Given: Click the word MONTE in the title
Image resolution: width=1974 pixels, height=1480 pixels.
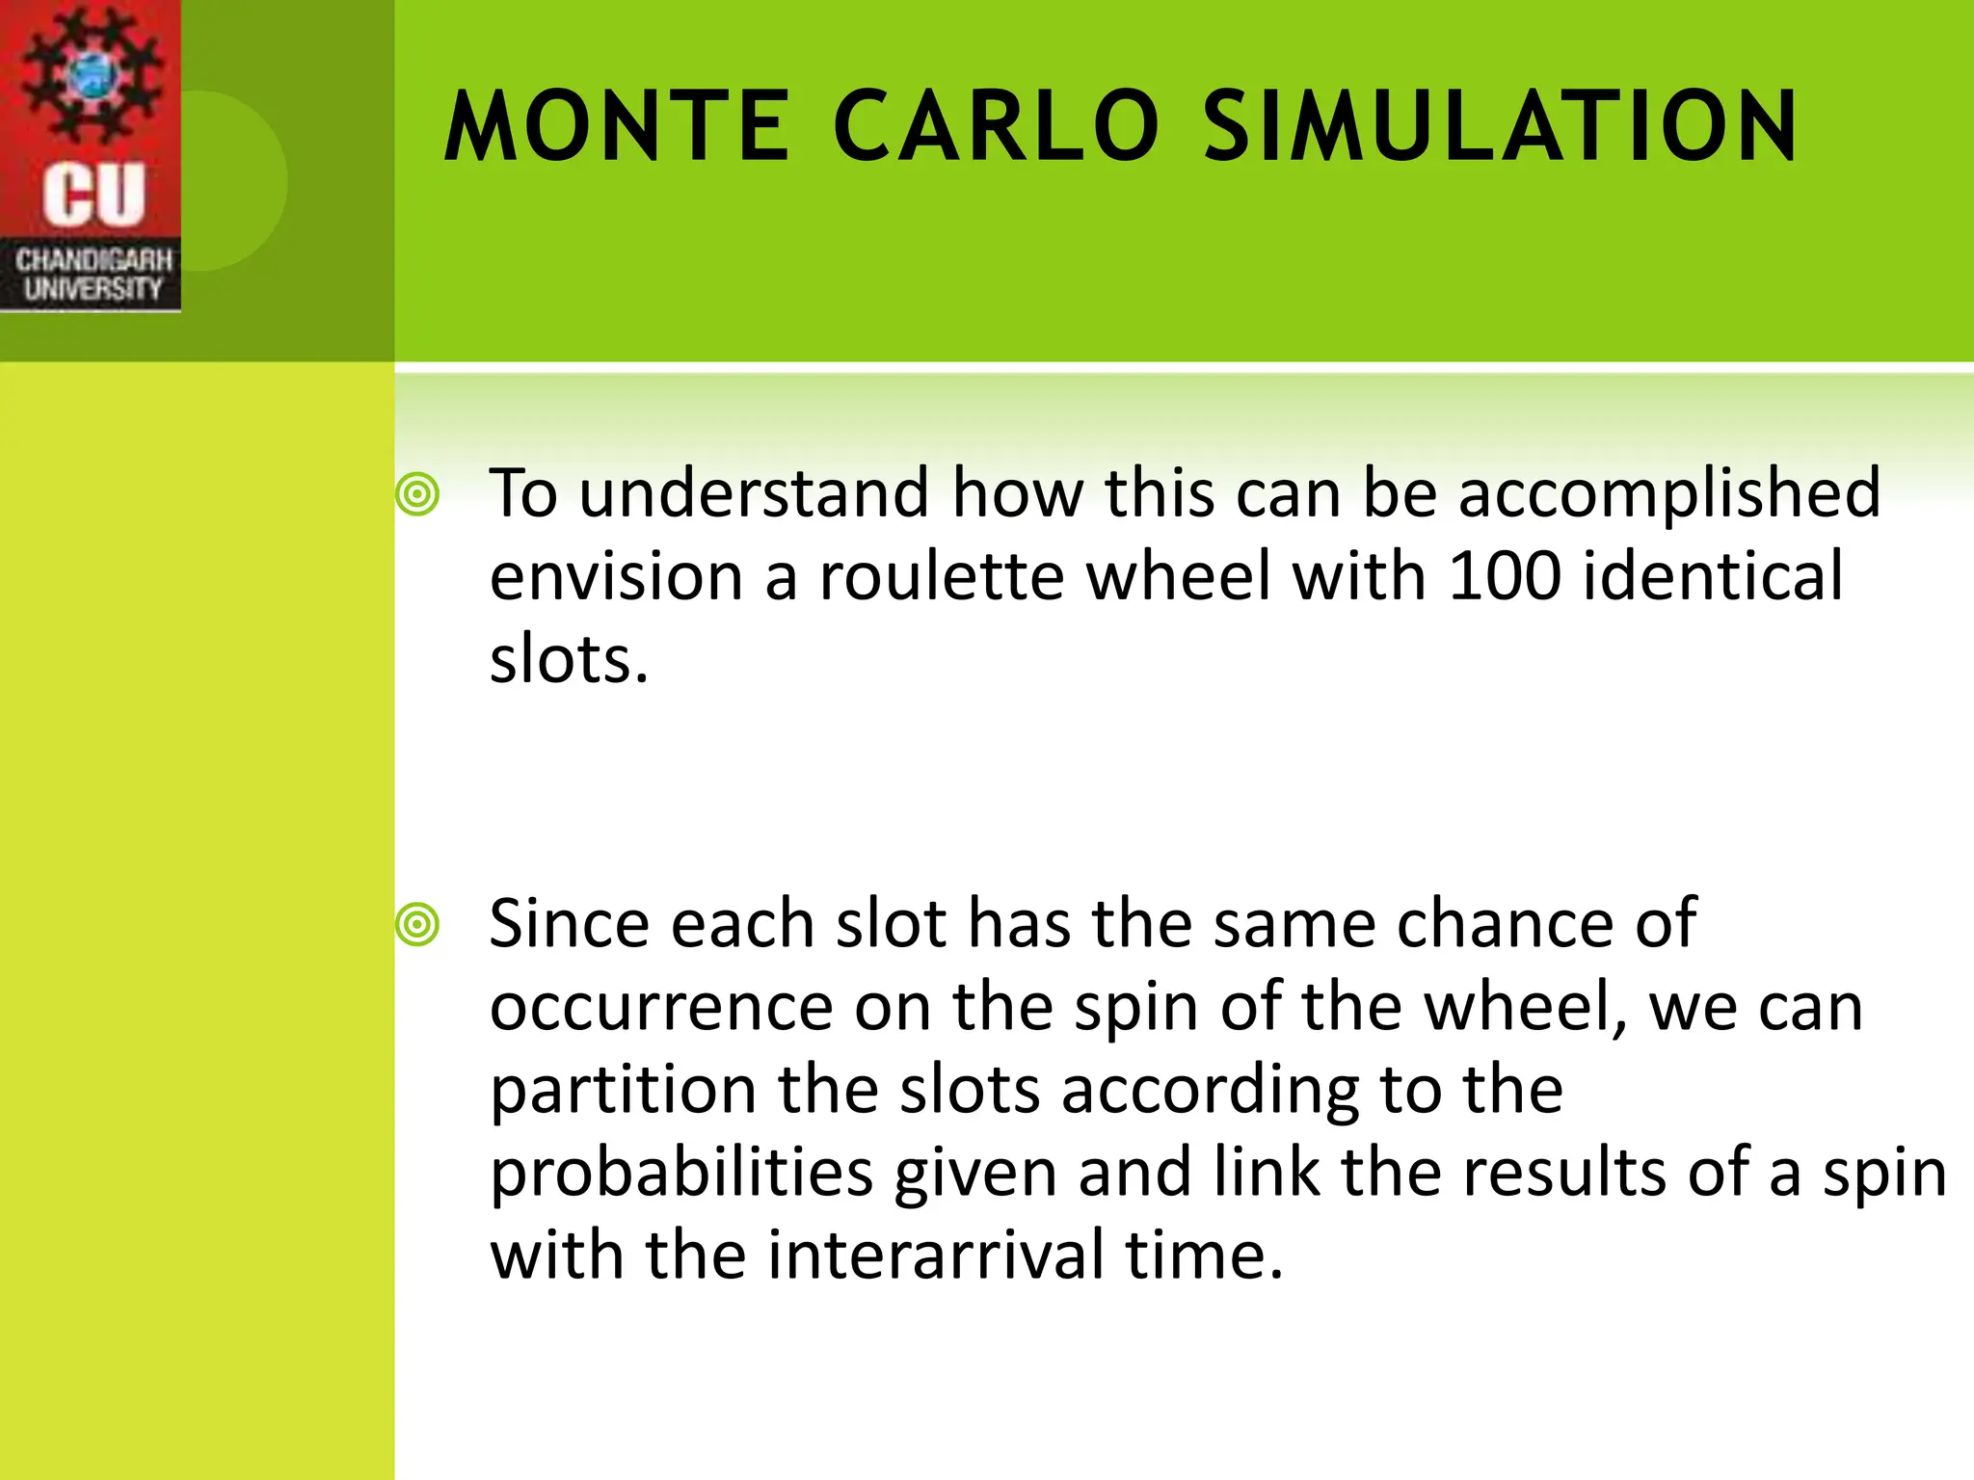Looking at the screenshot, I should (617, 127).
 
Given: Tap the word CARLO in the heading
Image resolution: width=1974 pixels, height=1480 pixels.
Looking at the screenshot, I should (996, 127).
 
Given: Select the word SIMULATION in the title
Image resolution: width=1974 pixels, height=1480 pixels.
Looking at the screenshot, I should (1500, 127).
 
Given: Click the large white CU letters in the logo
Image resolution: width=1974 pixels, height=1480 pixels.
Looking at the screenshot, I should (93, 195).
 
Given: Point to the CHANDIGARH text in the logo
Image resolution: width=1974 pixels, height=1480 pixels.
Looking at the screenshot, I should (93, 260).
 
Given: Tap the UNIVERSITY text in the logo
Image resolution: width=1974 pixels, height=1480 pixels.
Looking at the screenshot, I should (93, 289).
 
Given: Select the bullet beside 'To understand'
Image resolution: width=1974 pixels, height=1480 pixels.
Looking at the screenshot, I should (417, 495).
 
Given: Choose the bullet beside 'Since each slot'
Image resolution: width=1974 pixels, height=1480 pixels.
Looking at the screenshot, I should (417, 925).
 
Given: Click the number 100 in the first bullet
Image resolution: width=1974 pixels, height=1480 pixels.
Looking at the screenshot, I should (1504, 576).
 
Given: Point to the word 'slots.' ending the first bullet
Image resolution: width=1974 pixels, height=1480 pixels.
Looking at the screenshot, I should (569, 660).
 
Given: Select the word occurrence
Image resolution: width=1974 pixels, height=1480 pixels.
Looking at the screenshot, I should (661, 1008).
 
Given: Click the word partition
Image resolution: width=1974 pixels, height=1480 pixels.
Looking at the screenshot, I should (623, 1091).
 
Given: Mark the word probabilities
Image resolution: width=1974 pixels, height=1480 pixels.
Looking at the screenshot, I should (681, 1174).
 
